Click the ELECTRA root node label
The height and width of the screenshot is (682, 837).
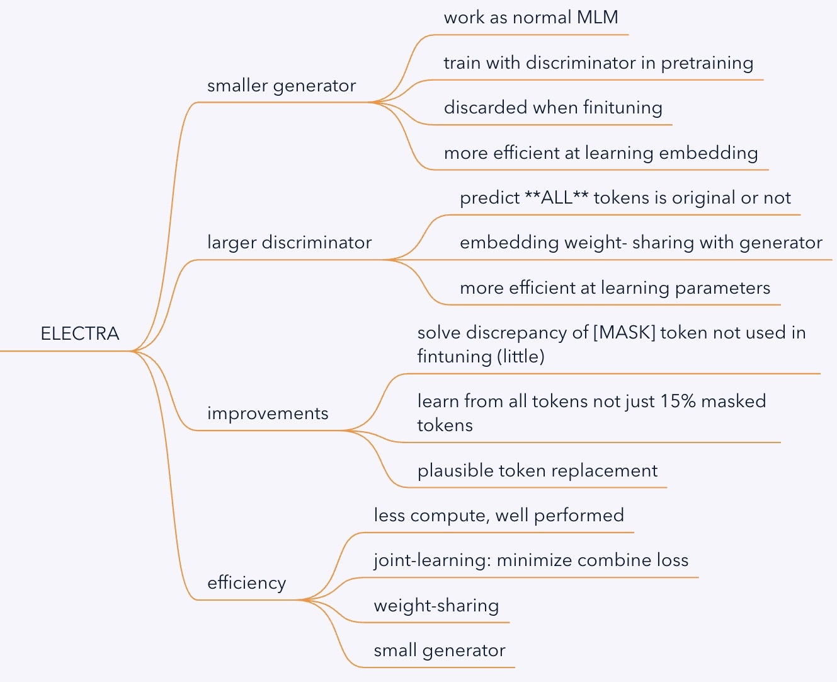(80, 333)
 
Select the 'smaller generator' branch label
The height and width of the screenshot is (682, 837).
(282, 86)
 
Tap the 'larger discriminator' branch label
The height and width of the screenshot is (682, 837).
(289, 243)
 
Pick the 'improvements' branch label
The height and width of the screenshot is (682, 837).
(268, 413)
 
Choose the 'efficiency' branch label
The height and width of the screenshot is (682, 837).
(246, 583)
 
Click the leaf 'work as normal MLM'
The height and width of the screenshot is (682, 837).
(531, 18)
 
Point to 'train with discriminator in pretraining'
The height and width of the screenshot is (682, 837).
(598, 63)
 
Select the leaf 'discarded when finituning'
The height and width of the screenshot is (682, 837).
(553, 108)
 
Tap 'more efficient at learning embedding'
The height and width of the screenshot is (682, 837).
(601, 153)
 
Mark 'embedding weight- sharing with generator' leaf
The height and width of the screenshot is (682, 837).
(641, 243)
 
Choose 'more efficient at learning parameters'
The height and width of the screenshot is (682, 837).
(615, 288)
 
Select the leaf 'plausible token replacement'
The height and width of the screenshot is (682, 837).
(537, 471)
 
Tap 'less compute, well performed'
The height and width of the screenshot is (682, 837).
(499, 516)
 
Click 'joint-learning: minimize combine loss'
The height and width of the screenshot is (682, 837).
(531, 560)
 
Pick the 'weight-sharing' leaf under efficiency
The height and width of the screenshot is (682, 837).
(436, 606)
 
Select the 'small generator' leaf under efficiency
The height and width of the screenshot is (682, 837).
(440, 650)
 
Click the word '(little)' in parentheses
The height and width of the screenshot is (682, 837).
(520, 357)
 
